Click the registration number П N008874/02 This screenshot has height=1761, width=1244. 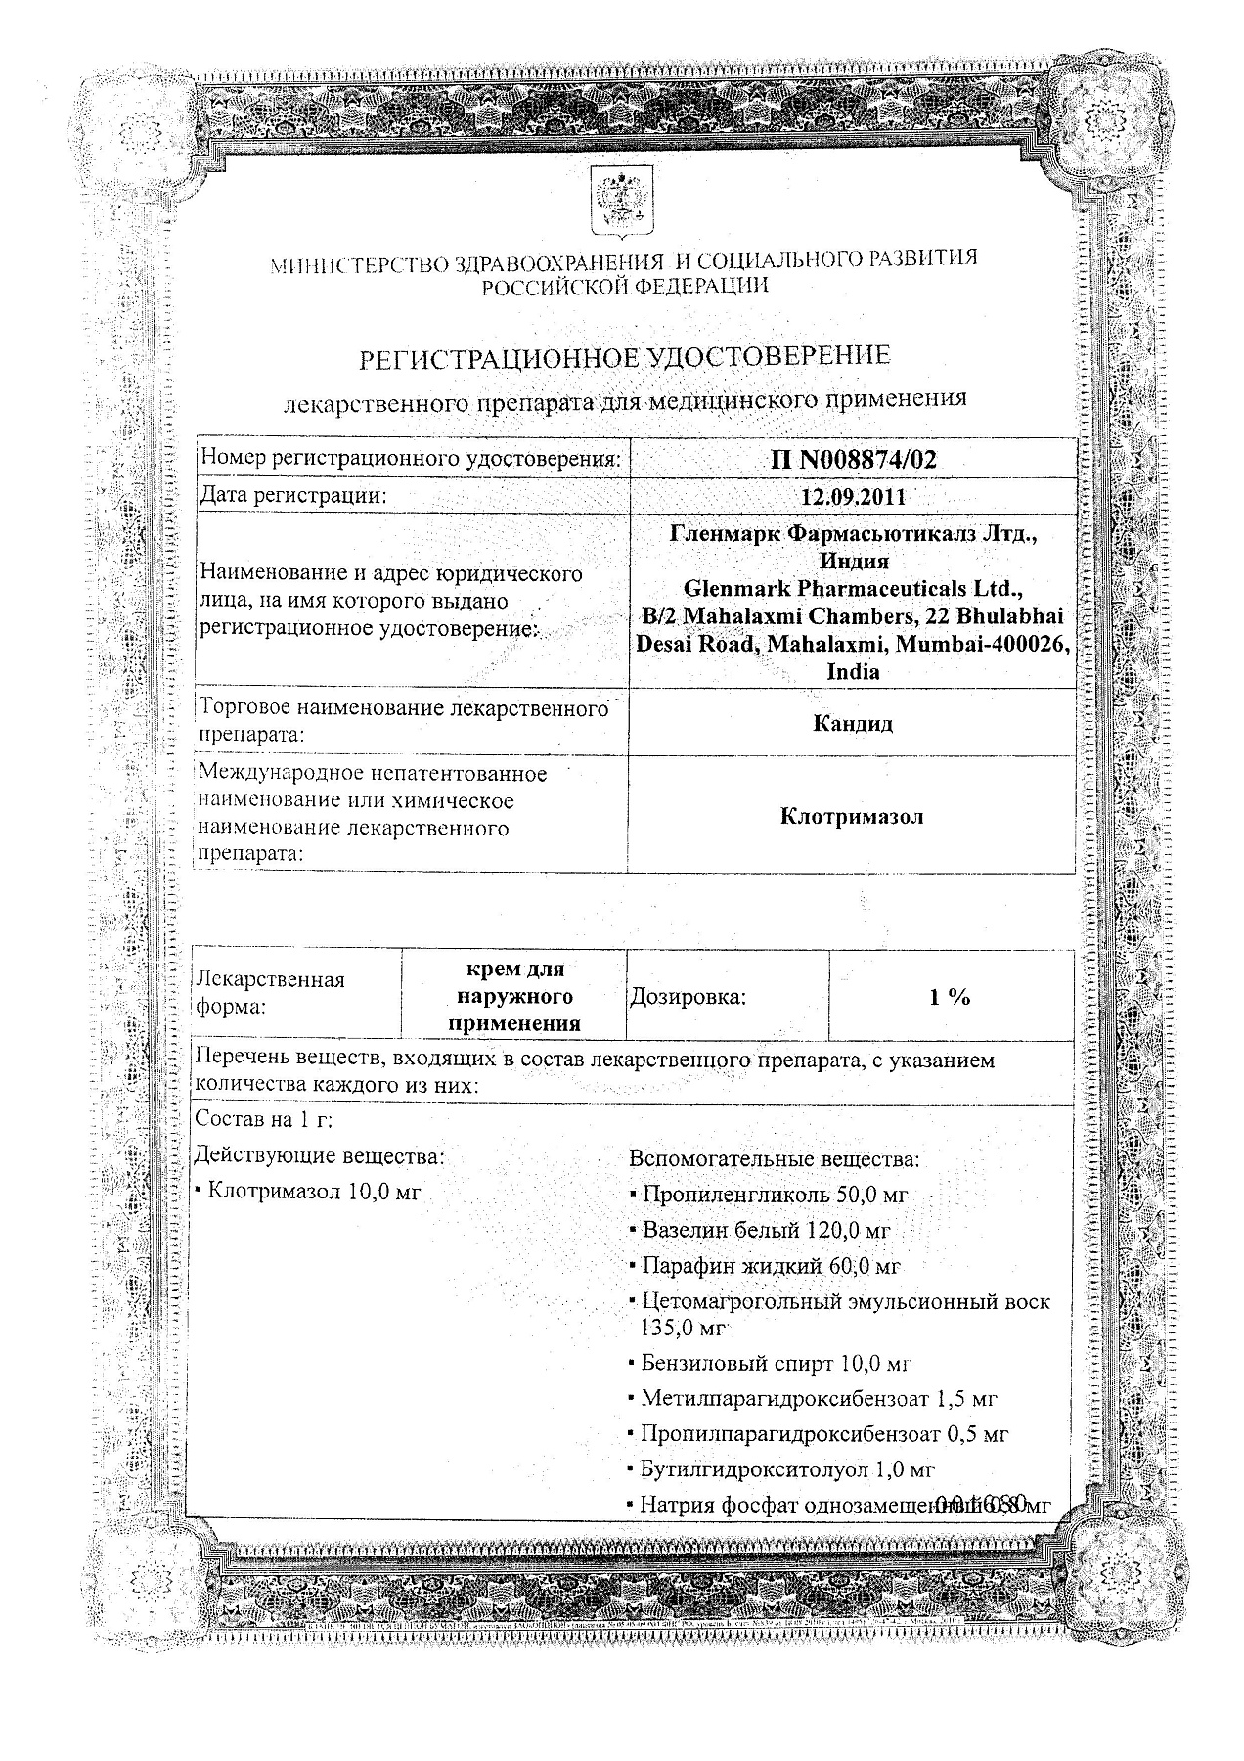[853, 460]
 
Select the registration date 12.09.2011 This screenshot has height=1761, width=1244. [853, 496]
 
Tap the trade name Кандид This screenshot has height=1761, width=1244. [853, 724]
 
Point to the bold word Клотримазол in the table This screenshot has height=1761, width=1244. [853, 815]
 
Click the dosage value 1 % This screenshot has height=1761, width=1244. [950, 997]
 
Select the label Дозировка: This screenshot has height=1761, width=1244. [688, 997]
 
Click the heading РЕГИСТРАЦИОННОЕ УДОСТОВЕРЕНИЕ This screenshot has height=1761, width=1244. [626, 357]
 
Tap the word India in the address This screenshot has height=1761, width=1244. [853, 672]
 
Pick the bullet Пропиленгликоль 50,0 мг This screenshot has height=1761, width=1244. [775, 1195]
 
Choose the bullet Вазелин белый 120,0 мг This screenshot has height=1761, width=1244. [766, 1231]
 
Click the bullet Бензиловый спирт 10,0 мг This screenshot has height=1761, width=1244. [777, 1363]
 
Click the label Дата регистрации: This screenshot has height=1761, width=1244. [293, 496]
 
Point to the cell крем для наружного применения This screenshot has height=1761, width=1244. [514, 996]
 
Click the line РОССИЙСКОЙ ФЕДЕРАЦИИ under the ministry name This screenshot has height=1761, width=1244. [624, 285]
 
